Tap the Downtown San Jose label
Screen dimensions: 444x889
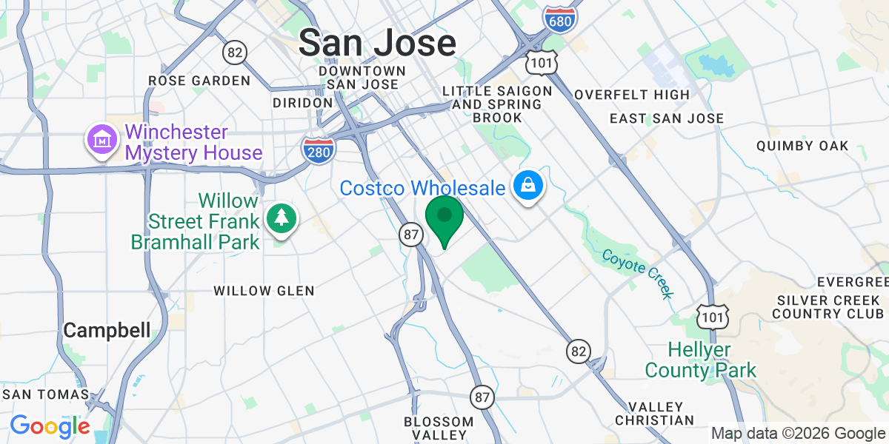click(x=363, y=77)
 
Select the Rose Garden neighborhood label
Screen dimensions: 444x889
click(x=199, y=80)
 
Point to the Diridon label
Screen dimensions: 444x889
click(x=302, y=102)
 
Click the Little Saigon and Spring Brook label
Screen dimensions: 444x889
click(x=497, y=104)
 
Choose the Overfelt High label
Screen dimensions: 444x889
click(x=632, y=95)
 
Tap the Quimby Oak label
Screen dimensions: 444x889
click(x=802, y=146)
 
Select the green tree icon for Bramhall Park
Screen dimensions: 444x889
click(x=282, y=218)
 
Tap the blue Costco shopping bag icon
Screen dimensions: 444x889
click(x=528, y=187)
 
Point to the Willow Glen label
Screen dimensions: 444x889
click(x=264, y=291)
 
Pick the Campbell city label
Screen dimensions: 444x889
click(x=107, y=330)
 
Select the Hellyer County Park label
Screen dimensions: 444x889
click(x=700, y=359)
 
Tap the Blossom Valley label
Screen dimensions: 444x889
click(x=439, y=428)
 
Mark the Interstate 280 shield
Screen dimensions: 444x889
click(x=318, y=149)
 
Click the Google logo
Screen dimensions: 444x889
click(x=50, y=426)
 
